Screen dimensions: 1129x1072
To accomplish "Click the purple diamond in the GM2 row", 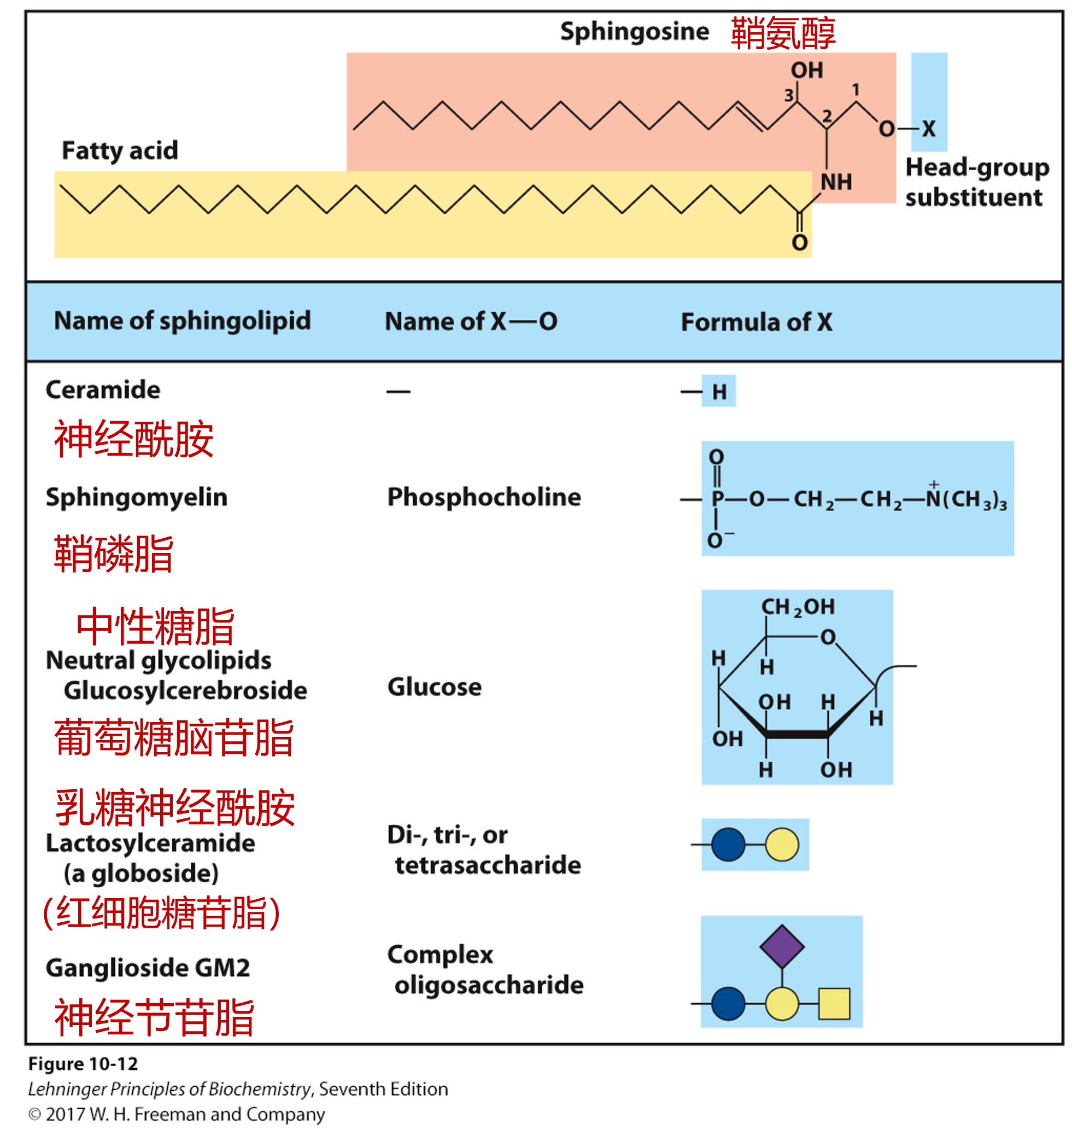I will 782,947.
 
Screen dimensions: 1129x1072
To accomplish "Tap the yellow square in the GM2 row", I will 834,1004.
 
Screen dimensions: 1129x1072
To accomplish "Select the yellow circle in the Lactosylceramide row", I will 782,845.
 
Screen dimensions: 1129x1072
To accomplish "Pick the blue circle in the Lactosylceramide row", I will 728,845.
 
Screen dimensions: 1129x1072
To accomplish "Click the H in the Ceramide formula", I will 719,392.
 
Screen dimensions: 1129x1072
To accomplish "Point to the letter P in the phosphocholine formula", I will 717,499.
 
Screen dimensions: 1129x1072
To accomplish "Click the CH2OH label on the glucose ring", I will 798,607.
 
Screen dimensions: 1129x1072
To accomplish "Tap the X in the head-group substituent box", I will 929,129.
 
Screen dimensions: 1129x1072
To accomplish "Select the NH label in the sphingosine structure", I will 835,182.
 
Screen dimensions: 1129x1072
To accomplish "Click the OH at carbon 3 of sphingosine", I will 807,71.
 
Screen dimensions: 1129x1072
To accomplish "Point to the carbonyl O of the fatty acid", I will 799,243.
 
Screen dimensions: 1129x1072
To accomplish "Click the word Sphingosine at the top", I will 634,31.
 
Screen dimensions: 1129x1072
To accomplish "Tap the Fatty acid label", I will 120,151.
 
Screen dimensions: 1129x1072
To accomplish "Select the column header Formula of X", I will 756,322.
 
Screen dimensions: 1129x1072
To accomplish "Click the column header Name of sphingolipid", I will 182,321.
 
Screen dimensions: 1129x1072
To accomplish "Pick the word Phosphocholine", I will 484,497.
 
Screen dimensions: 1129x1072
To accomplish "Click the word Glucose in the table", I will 434,687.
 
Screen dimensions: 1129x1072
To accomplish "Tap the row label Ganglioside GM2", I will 148,968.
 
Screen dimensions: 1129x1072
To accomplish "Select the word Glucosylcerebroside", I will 185,690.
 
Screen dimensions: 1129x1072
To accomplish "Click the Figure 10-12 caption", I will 84,1064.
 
